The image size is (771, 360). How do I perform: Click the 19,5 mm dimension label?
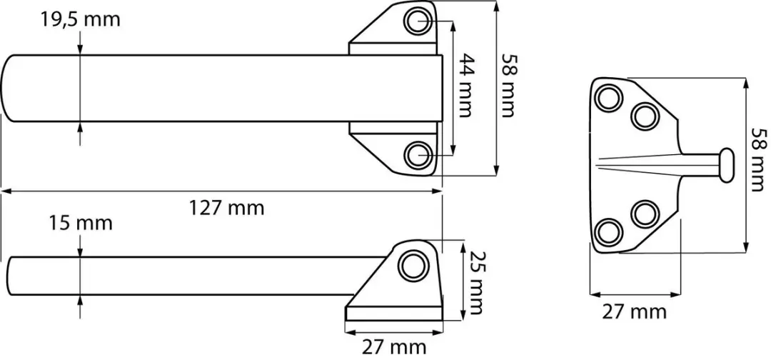coord(81,20)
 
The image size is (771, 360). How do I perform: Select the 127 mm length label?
coord(227,209)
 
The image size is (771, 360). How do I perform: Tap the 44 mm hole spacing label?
coord(465,85)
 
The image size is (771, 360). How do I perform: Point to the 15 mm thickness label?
coord(81,223)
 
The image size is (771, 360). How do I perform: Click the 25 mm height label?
coord(475,283)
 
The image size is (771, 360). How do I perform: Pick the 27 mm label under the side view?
coord(394,348)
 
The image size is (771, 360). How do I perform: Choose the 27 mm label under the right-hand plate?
coord(635,312)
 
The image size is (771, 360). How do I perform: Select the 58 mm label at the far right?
coord(759,160)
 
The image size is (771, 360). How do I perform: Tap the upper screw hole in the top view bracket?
coord(418,21)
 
